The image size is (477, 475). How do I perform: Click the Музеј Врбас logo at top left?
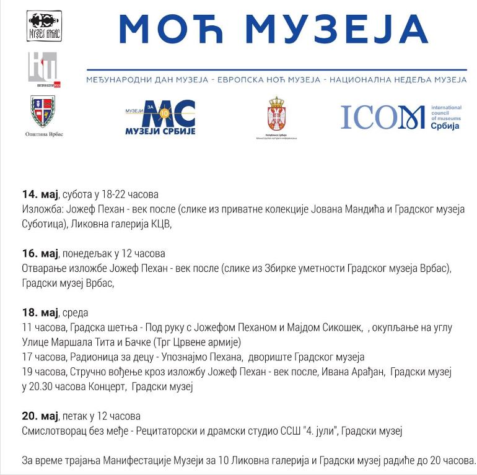coord(44,25)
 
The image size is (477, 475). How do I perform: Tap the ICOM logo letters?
coord(382,117)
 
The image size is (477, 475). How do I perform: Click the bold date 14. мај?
coord(40,194)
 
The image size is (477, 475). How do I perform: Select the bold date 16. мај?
coord(40,253)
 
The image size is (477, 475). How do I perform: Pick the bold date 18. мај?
coord(40,312)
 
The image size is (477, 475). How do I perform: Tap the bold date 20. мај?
coord(40,416)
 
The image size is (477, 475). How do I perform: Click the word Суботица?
coord(44,224)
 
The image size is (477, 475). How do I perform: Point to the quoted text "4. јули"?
coord(317,430)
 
